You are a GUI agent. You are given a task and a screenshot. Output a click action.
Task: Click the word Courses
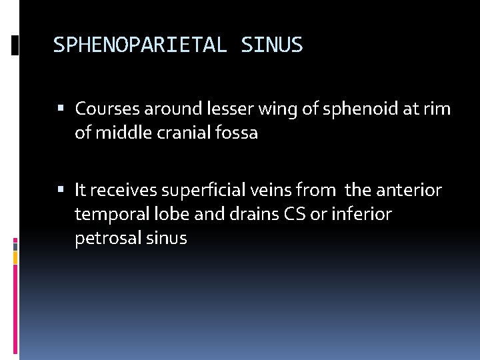106,108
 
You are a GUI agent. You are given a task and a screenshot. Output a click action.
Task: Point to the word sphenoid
352,108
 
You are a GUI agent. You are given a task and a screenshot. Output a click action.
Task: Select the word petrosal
103,239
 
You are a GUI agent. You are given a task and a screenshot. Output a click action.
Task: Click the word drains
252,215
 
